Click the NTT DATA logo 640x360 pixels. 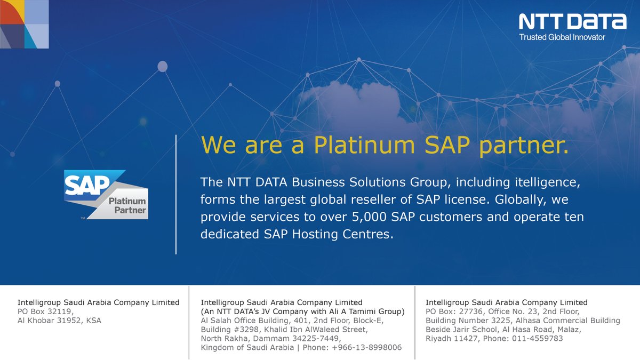pos(573,21)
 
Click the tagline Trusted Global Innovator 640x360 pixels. pos(562,37)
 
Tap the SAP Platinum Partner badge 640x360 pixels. pos(106,195)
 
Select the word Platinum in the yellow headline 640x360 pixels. pos(364,145)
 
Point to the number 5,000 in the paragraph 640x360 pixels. pos(369,217)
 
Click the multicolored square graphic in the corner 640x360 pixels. pos(25,25)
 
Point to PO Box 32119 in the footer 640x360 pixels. pos(45,311)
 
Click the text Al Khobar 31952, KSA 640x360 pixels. pos(59,321)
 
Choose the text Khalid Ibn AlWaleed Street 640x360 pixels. pos(316,330)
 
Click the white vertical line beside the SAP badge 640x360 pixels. pos(176,194)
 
